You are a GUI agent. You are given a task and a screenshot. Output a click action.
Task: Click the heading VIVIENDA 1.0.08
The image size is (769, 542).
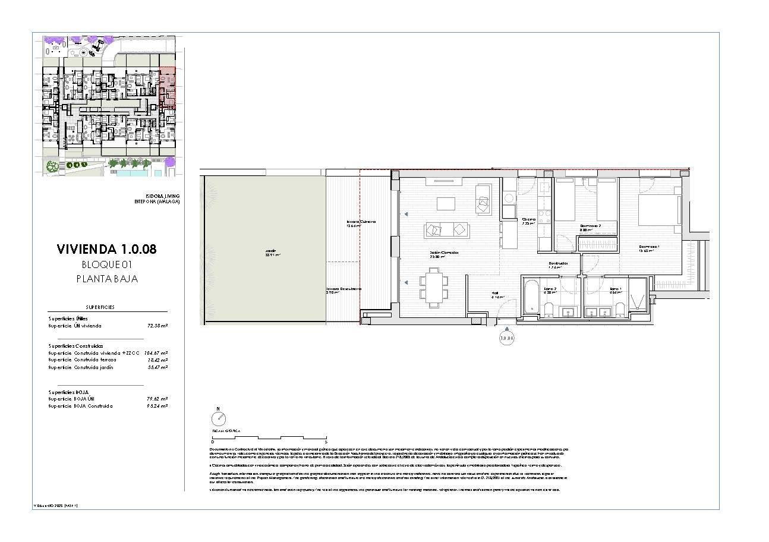coord(106,250)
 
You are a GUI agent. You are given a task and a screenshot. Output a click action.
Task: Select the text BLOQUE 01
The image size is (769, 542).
coord(106,264)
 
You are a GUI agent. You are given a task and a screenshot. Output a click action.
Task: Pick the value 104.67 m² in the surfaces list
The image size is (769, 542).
coord(156,353)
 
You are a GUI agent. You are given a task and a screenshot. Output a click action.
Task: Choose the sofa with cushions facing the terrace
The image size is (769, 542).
coord(446,229)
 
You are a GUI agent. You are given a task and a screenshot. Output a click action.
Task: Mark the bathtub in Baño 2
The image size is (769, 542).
coord(531,295)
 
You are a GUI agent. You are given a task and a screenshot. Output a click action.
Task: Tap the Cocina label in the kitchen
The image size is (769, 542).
coord(528,220)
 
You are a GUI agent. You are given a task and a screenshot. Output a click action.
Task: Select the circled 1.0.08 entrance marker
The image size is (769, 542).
coord(506,339)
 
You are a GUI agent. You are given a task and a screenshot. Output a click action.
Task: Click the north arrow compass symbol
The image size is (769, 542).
coord(218,417)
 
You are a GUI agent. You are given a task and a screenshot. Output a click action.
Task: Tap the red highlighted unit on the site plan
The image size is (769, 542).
coord(169,87)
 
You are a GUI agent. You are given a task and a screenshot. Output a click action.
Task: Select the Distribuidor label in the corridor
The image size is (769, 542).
coord(557,263)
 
